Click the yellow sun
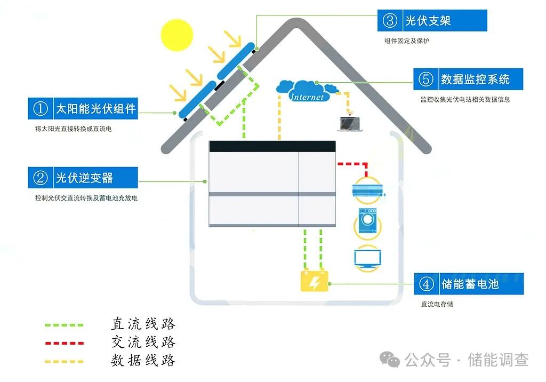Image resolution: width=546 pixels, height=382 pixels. coord(176,35)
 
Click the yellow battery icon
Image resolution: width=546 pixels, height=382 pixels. coord(315,281)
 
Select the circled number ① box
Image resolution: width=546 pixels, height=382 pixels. coord(41,108)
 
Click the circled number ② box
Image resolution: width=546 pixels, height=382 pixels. coord(41,177)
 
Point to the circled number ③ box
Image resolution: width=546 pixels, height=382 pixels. coord(390,20)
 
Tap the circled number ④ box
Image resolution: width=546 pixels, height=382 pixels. coord(427,284)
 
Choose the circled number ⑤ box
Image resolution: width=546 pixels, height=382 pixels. coord(426,79)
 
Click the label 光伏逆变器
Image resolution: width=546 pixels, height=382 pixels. coord(84,177)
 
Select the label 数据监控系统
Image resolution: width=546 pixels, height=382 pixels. coord(475,79)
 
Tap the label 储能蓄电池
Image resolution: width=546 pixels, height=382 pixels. coord(470,284)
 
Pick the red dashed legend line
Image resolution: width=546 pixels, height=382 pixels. coord(64,343)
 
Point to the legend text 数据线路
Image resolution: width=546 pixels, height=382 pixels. coord(143,360)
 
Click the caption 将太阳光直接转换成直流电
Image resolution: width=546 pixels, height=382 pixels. coord(74,129)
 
